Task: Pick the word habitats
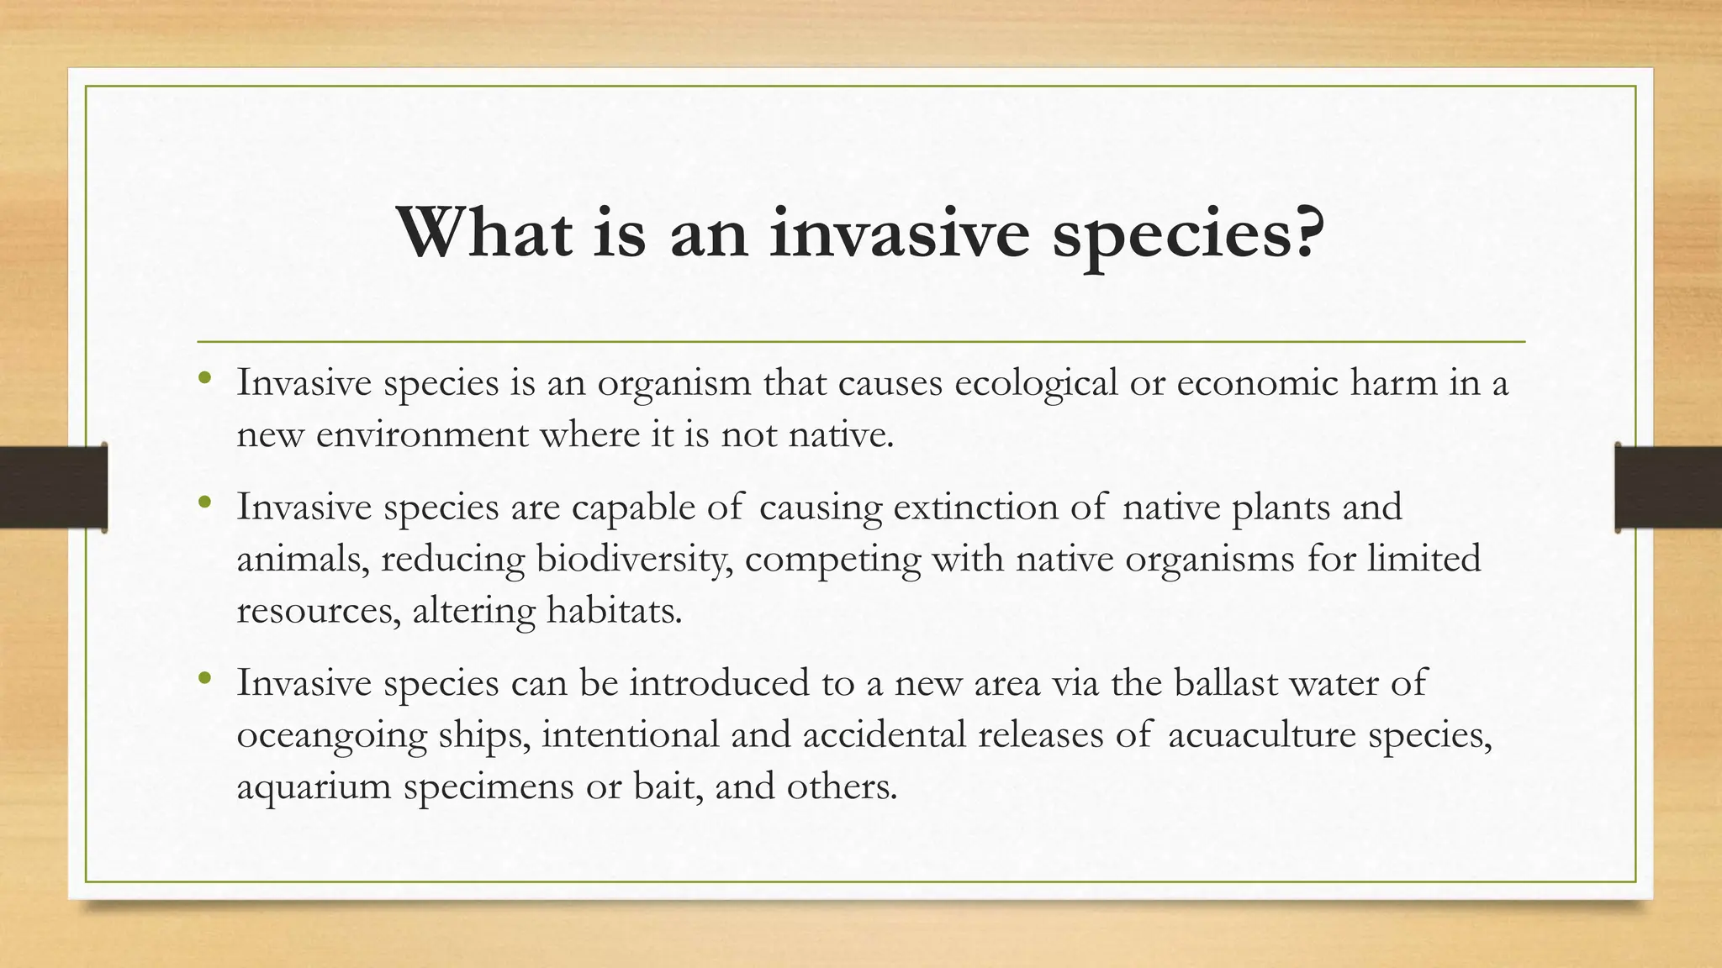pyautogui.click(x=614, y=610)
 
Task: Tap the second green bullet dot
pyautogui.click(x=204, y=502)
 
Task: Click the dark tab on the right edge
pyautogui.click(x=1668, y=487)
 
